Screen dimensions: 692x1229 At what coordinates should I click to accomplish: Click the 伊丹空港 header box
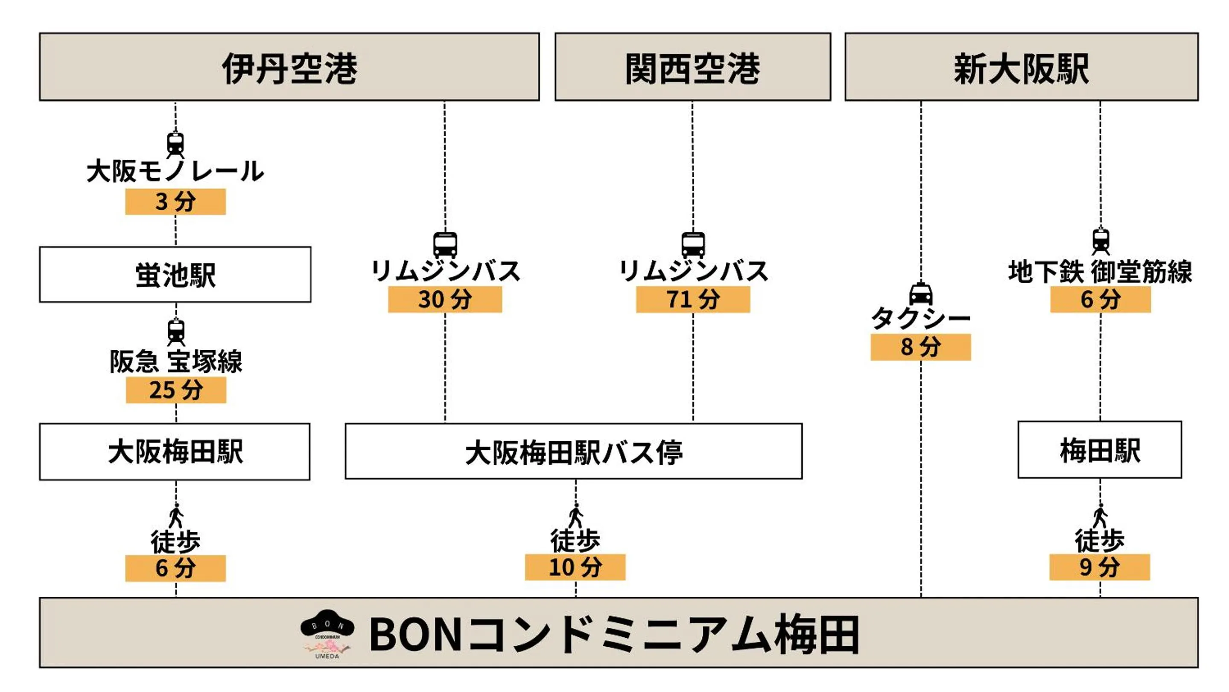tap(289, 67)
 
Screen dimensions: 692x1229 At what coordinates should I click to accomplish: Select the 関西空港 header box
tap(692, 67)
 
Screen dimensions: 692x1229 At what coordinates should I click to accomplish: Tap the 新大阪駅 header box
tap(1021, 67)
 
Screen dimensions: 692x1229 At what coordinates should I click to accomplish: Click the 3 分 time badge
tap(175, 201)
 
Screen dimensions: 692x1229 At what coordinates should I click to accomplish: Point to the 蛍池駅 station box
tap(175, 274)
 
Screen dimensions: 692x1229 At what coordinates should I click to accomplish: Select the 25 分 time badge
tap(175, 390)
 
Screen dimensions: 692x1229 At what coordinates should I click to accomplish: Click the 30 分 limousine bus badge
tap(445, 299)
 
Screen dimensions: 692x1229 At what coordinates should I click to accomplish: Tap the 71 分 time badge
tap(693, 299)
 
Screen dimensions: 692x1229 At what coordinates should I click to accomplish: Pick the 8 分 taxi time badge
tap(920, 347)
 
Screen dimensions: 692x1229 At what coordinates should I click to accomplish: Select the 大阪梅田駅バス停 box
tap(573, 452)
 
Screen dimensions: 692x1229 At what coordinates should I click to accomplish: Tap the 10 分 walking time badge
tap(575, 567)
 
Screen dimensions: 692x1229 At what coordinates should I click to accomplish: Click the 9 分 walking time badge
tap(1099, 567)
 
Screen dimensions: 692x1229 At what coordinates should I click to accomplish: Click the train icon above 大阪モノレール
tap(175, 144)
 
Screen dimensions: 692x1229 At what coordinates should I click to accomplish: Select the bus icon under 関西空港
tap(693, 245)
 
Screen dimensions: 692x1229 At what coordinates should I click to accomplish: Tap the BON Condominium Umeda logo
tap(327, 634)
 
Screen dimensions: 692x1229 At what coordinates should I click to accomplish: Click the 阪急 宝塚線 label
tap(175, 361)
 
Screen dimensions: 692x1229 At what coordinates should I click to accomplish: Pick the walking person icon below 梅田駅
tap(1100, 516)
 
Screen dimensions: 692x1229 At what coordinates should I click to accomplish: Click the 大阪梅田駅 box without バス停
tap(175, 452)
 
